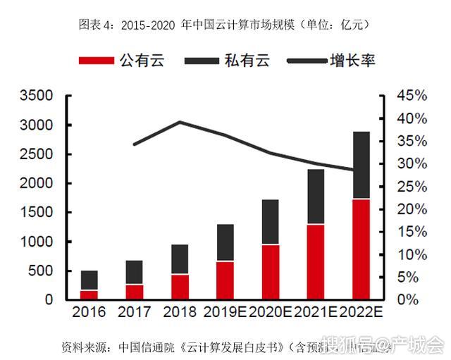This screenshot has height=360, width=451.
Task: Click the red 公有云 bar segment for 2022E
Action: coord(361,249)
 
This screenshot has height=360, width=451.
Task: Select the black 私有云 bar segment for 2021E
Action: coord(315,197)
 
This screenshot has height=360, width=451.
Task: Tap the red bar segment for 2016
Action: coord(89,294)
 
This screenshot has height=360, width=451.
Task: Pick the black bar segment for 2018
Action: coord(180,259)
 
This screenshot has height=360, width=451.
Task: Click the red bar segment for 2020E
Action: coord(270,271)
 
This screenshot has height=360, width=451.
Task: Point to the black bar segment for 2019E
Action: coord(225,242)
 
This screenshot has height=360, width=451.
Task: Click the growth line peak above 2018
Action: coord(180,122)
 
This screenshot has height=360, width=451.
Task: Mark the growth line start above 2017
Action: coord(135,144)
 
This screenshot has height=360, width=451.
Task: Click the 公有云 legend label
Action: coord(142,61)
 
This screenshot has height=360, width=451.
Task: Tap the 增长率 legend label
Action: coord(352,61)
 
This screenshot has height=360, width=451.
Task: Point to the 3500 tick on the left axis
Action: coord(36,96)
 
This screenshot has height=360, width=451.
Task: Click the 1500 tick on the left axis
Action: coord(36,212)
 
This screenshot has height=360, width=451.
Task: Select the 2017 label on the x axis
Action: coord(135,311)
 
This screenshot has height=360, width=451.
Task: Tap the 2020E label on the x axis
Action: coord(270,311)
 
